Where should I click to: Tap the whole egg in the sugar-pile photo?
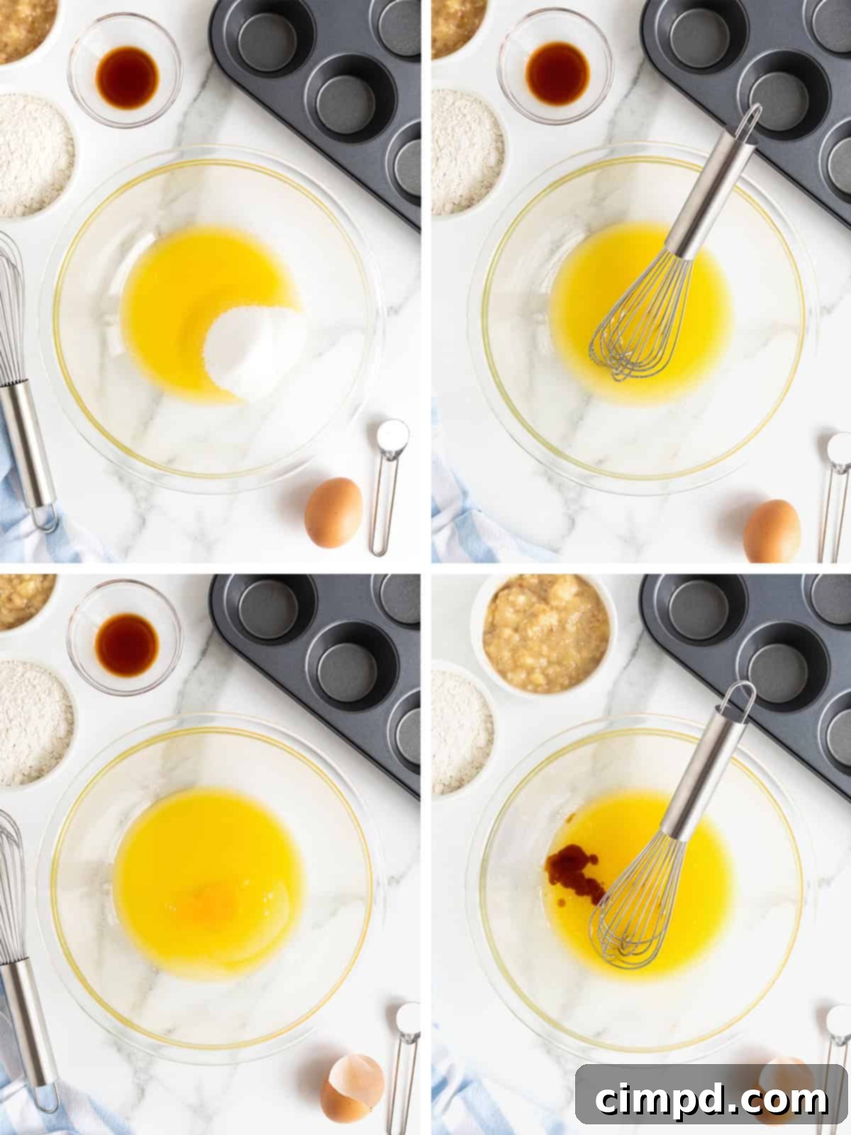[333, 512]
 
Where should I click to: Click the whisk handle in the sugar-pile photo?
[32, 447]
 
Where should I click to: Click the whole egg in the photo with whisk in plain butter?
[772, 531]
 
